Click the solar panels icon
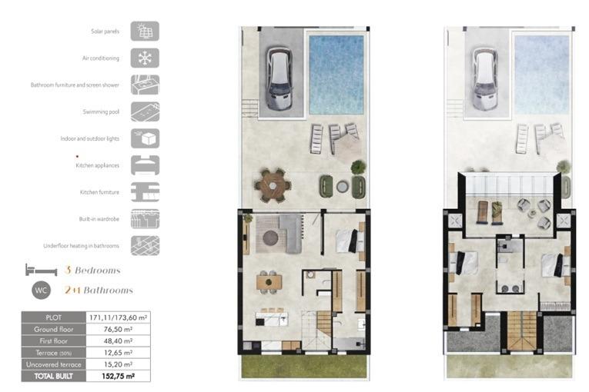click(145, 32)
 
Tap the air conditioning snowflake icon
click(145, 58)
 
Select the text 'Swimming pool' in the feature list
click(101, 111)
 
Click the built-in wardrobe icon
click(145, 219)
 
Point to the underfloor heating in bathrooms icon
click(145, 246)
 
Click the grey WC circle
click(41, 290)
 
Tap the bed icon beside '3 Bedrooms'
click(41, 270)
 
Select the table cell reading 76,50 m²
click(118, 329)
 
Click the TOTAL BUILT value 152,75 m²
click(118, 376)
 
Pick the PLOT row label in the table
click(54, 317)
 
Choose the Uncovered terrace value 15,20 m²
click(118, 364)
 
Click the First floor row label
click(54, 341)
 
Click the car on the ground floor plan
click(279, 78)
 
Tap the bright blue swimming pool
click(336, 75)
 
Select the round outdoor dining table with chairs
click(273, 185)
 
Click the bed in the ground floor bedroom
click(350, 241)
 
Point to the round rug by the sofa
click(270, 238)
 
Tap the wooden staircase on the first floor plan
click(522, 330)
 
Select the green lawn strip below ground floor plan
click(304, 366)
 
